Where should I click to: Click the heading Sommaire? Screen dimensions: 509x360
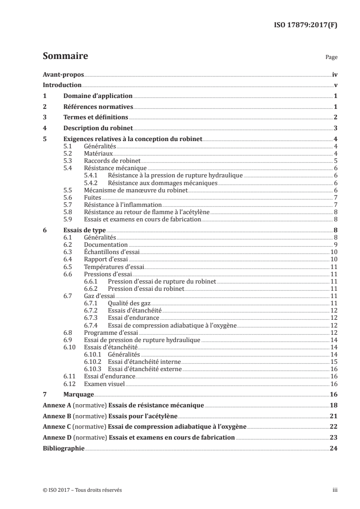coord(65,57)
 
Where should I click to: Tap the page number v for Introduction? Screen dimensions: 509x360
coord(335,85)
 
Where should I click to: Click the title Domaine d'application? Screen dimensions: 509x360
coord(98,96)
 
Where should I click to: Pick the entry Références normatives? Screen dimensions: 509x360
coord(98,107)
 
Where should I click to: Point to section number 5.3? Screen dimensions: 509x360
coord(67,161)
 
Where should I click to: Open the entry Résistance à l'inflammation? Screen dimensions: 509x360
coord(117,205)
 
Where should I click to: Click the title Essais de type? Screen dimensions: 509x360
coord(84,230)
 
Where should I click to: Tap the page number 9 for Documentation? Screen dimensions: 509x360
coord(335,245)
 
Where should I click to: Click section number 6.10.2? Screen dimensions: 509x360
coord(94,362)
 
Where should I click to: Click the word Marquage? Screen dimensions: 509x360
coord(79,395)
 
